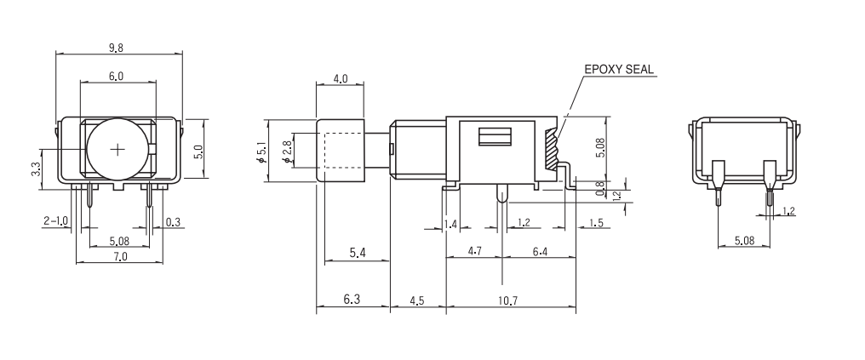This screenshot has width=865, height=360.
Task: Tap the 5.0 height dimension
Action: click(198, 151)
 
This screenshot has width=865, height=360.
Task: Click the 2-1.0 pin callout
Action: click(56, 221)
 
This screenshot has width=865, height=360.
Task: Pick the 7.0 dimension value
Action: click(119, 256)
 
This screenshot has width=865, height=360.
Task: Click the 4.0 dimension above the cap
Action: click(340, 78)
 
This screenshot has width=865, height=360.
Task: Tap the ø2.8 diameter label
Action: click(287, 151)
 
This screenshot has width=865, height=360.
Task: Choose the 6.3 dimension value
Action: click(351, 300)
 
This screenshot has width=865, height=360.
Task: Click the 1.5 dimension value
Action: click(595, 223)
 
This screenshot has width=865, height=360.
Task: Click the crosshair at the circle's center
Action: click(117, 149)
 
